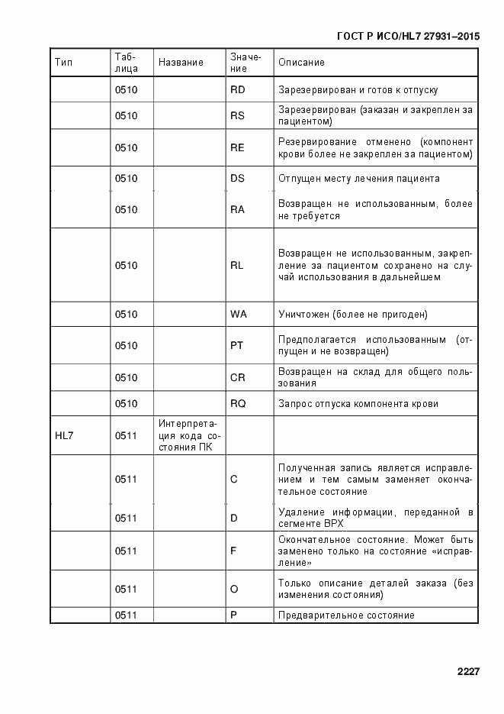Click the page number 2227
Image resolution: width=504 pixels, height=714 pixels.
pyautogui.click(x=467, y=672)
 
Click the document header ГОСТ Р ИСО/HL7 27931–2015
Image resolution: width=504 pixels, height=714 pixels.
pyautogui.click(x=407, y=35)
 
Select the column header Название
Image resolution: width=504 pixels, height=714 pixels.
pyautogui.click(x=181, y=62)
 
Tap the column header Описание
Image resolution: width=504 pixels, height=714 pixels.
pyautogui.click(x=301, y=62)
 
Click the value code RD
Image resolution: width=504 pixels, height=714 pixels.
pyautogui.click(x=237, y=90)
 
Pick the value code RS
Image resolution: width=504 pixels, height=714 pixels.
pyautogui.click(x=237, y=116)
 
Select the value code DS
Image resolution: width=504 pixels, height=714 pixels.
pyautogui.click(x=237, y=179)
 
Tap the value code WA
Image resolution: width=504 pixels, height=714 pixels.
pyautogui.click(x=238, y=315)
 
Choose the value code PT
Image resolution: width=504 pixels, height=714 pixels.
pyautogui.click(x=236, y=345)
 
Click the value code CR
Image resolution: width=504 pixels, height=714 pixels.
pyautogui.click(x=237, y=377)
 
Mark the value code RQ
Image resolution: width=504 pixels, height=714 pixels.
pyautogui.click(x=238, y=404)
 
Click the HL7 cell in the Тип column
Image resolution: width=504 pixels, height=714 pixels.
pyautogui.click(x=63, y=436)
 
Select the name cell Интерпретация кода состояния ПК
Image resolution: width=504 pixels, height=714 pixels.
pyautogui.click(x=188, y=435)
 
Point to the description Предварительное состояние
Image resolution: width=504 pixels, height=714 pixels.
pyautogui.click(x=346, y=615)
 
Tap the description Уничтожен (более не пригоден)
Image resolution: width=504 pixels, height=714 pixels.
pyautogui.click(x=352, y=315)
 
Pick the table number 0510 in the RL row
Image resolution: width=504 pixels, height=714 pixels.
pyautogui.click(x=126, y=266)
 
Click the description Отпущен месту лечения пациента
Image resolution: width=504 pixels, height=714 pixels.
pyautogui.click(x=358, y=179)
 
